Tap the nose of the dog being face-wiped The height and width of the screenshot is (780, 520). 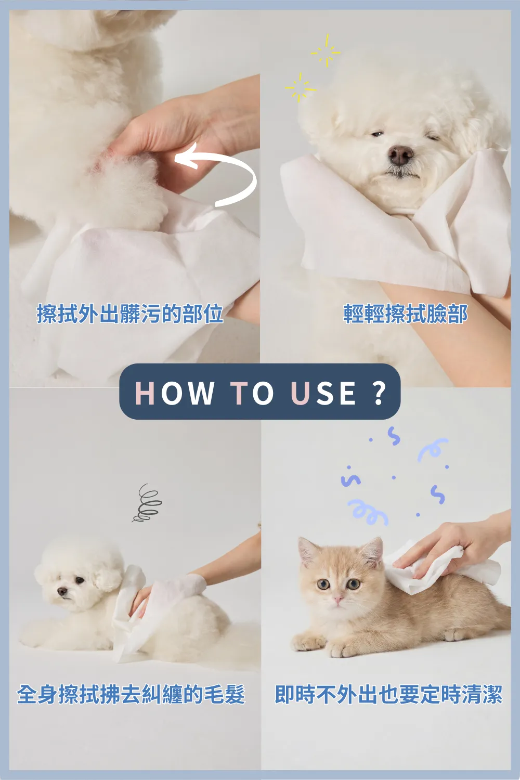[400, 155]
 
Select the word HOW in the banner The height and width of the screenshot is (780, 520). [174, 393]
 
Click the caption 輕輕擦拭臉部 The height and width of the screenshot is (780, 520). [406, 314]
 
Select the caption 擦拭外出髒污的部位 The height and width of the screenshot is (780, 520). [130, 314]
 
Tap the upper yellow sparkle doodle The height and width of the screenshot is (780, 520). [326, 51]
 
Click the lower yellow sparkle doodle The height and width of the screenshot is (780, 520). [301, 88]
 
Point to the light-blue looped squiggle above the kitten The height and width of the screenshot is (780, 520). [368, 512]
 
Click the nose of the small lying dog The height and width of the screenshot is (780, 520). [62, 591]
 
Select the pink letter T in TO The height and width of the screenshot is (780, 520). [239, 393]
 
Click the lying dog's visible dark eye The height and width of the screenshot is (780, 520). [80, 580]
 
